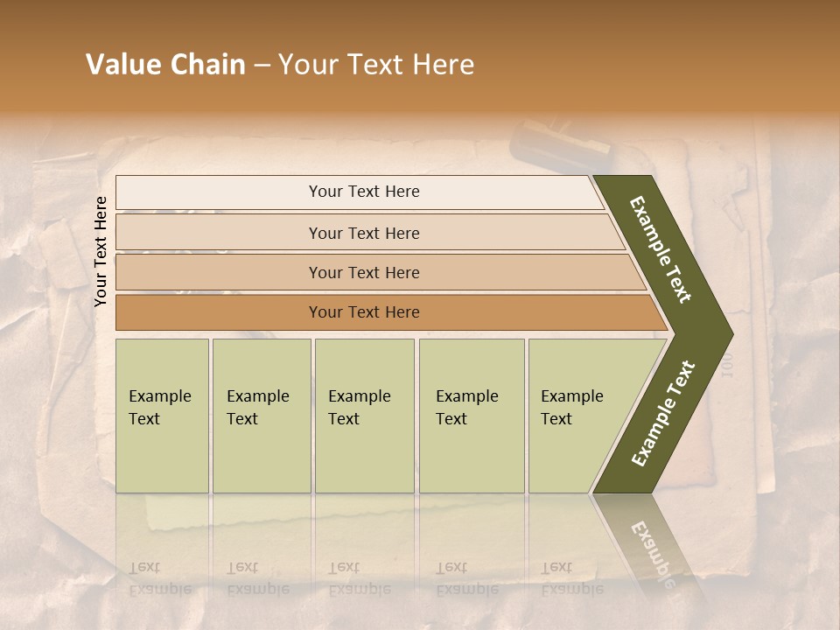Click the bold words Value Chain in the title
click(x=165, y=65)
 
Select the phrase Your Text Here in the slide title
click(x=376, y=65)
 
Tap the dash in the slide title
click(x=262, y=66)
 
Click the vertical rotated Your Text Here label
click(x=101, y=251)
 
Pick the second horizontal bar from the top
click(x=363, y=233)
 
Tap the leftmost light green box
click(x=162, y=416)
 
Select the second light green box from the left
click(x=262, y=416)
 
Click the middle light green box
click(x=364, y=416)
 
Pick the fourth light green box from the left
click(x=472, y=416)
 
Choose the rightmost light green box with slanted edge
click(x=577, y=416)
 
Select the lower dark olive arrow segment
click(x=662, y=415)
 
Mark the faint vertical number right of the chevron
click(x=726, y=366)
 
